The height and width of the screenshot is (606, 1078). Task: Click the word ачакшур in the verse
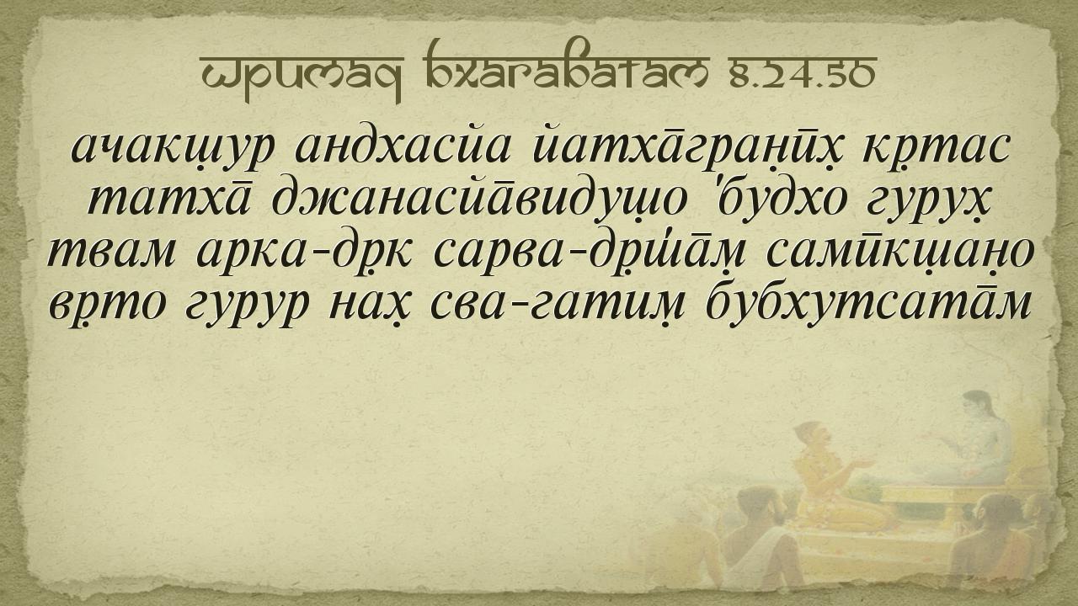pos(173,148)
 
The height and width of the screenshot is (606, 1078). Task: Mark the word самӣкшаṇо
pos(900,252)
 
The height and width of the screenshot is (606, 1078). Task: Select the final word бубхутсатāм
pos(867,303)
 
